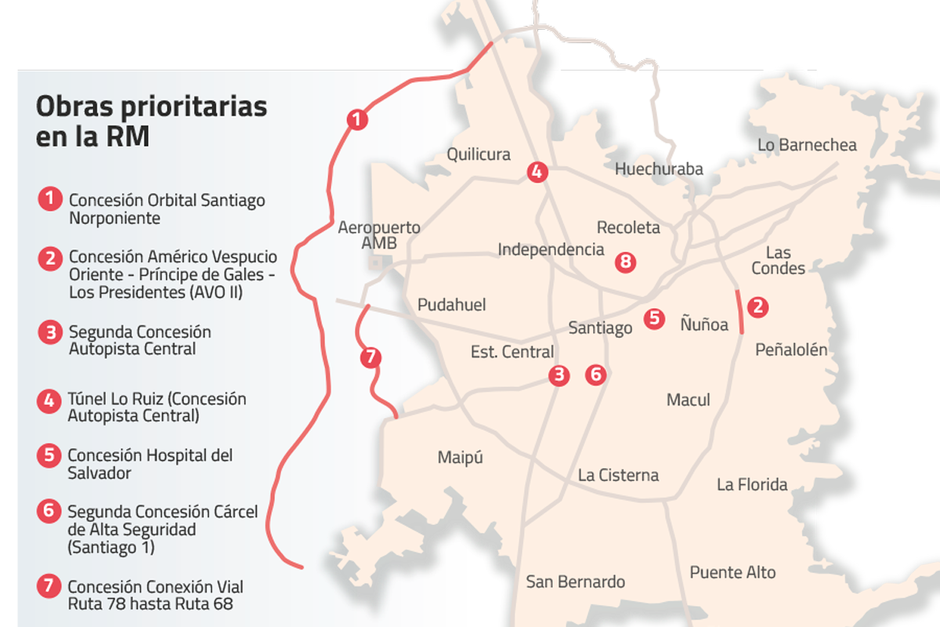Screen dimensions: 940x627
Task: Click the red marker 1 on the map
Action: pos(356,120)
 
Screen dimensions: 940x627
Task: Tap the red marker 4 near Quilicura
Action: pos(537,172)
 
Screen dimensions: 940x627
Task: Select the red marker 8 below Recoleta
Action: pos(624,262)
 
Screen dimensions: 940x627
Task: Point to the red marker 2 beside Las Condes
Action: pos(757,306)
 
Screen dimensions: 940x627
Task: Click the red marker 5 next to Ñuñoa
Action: pos(654,318)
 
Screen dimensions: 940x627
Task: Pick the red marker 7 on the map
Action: pos(371,358)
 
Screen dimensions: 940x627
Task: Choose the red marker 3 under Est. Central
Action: pos(559,375)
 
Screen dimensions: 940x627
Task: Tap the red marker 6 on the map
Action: pos(596,375)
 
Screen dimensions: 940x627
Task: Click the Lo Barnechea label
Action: pos(807,145)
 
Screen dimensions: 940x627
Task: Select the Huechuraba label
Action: pos(659,169)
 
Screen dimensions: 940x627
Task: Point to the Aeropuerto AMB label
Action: pos(379,235)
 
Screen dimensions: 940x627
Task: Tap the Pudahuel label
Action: pos(452,305)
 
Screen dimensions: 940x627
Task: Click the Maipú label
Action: pos(460,457)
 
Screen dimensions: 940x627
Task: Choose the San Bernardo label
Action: pos(576,582)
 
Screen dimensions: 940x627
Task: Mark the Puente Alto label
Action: pos(732,572)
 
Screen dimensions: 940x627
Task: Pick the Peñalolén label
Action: pos(790,350)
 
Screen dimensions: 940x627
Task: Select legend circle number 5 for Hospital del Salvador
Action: pos(49,455)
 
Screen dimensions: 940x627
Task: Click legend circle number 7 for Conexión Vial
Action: pos(49,587)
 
